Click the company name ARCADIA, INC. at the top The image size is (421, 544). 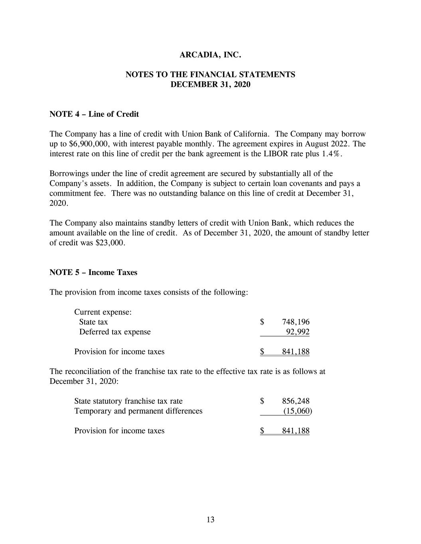coord(210,55)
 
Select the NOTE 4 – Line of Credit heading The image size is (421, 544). coord(94,114)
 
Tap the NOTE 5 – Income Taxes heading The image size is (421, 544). coord(93,273)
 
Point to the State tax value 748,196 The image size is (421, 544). coord(296,322)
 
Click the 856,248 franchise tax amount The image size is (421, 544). coord(296,401)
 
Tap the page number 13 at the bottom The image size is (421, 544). coord(211,520)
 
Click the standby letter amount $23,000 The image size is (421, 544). coord(110,243)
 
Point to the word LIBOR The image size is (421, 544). coord(266,154)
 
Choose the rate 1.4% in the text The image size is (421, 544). coord(331,154)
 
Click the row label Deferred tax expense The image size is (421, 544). coord(115,332)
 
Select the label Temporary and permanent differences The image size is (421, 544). coord(138,411)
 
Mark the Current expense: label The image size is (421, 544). coord(103,312)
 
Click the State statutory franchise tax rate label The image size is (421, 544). coord(128,401)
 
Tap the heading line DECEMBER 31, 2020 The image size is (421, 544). coord(210,84)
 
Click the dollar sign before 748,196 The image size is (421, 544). coord(262,322)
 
